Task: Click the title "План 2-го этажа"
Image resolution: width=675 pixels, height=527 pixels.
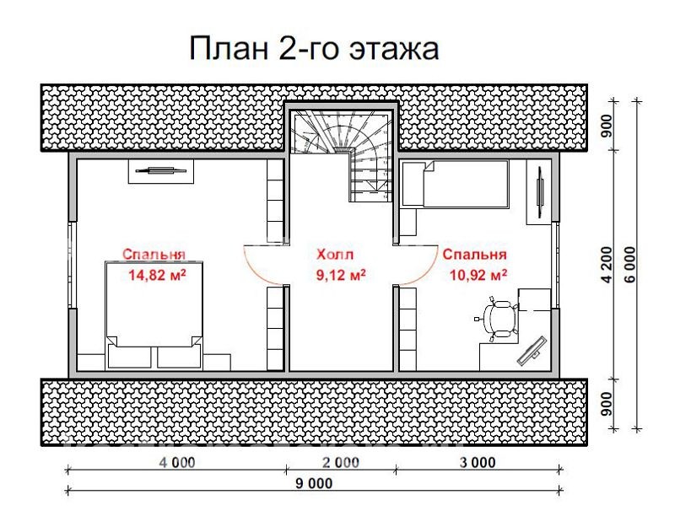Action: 314,48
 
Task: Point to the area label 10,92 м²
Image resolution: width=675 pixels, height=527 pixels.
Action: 473,274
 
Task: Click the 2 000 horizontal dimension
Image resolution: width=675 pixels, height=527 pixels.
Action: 341,462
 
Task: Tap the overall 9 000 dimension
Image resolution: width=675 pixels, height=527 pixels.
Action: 314,483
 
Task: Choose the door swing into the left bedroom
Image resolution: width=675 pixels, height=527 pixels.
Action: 263,262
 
